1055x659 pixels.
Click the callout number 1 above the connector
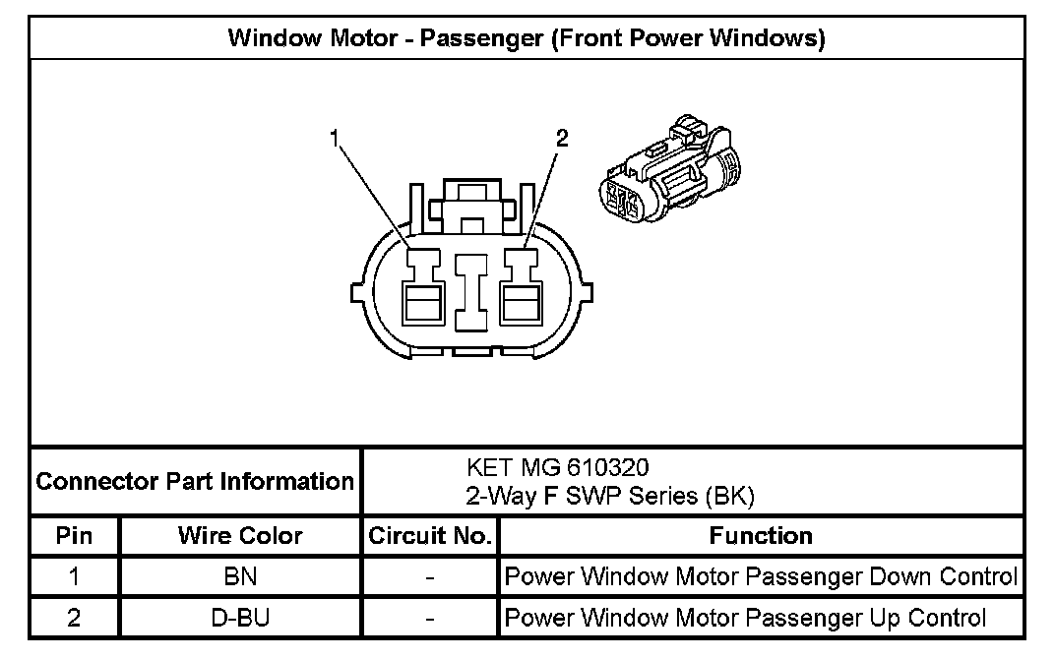point(336,139)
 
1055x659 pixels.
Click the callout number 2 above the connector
point(562,139)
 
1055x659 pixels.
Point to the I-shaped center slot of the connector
point(470,291)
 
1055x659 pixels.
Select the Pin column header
point(75,536)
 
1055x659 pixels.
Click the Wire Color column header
point(240,536)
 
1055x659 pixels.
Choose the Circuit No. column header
point(429,536)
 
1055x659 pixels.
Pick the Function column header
point(761,536)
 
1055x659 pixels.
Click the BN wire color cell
point(240,576)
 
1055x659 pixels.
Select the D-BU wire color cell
point(240,618)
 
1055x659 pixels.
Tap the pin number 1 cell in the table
point(75,576)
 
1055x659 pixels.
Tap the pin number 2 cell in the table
point(75,618)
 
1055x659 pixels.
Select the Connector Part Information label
point(195,482)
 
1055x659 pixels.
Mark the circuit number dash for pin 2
point(429,618)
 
